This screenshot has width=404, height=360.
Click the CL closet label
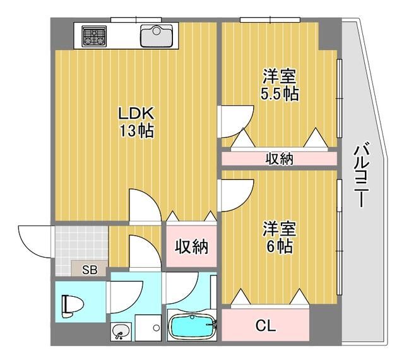pos(266,326)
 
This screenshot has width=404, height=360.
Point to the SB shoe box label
pos(90,270)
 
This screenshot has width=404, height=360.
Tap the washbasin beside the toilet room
pos(120,330)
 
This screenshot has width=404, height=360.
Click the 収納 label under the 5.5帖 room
pos(278,159)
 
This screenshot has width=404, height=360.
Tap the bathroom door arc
pos(182,287)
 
